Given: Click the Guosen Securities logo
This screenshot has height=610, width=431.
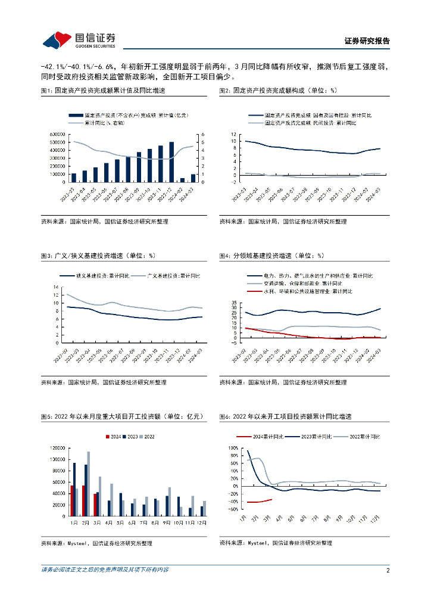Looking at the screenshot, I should pyautogui.click(x=79, y=39).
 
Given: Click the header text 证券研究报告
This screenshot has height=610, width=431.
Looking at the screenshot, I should pyautogui.click(x=367, y=41).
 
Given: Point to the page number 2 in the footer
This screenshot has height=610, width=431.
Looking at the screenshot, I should pyautogui.click(x=388, y=570).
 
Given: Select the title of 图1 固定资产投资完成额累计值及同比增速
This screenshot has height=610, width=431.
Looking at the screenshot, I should pyautogui.click(x=102, y=91).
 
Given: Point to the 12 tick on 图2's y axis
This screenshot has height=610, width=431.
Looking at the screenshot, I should pyautogui.click(x=233, y=134).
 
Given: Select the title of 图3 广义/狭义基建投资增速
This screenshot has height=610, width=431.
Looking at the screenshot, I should pyautogui.click(x=98, y=256).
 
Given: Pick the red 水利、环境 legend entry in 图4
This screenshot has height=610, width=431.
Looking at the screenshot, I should pyautogui.click(x=316, y=291).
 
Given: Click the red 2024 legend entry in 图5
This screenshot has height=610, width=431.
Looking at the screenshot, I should pyautogui.click(x=113, y=437).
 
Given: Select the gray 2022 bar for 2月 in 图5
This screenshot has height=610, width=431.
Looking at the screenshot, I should pyautogui.click(x=89, y=484).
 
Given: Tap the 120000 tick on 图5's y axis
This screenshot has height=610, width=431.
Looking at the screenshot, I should pyautogui.click(x=57, y=448).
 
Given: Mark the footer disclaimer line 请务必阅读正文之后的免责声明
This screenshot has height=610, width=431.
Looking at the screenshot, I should pyautogui.click(x=105, y=570).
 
